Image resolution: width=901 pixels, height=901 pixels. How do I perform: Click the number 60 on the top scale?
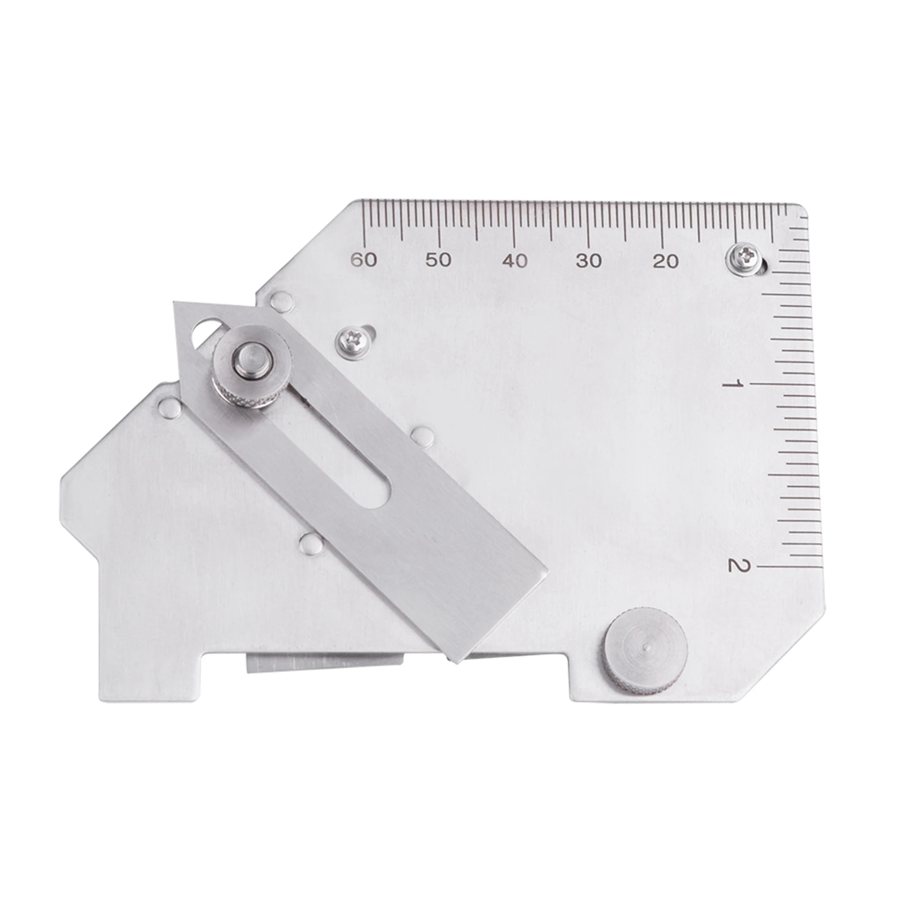coord(364,260)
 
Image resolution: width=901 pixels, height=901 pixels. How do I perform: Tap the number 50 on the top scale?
coord(438,260)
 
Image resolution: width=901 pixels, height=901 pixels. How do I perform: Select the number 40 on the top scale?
coord(515,261)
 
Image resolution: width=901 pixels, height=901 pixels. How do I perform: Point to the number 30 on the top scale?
coord(589,261)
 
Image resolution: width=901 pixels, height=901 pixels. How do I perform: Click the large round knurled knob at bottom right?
coord(646,651)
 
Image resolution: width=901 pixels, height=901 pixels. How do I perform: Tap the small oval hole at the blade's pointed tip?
coord(207,331)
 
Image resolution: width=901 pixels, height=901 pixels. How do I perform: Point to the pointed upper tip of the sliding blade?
coord(176,304)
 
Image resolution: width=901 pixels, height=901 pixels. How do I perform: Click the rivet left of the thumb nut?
coord(169,406)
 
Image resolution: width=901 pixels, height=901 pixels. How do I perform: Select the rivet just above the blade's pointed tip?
coord(281,301)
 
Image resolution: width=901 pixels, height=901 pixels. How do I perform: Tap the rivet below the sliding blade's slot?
coord(311,544)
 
